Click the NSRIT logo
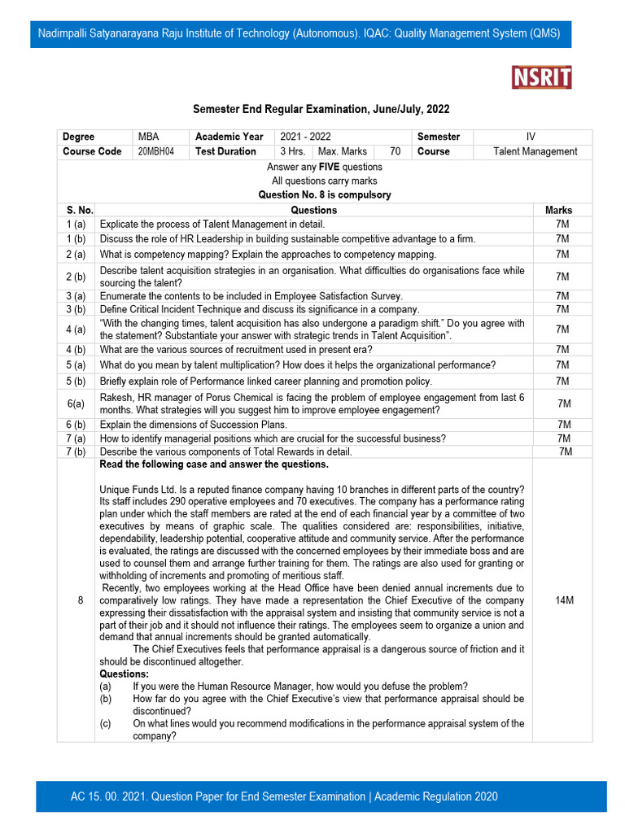point(541,77)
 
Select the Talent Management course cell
point(535,151)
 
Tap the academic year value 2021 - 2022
point(306,137)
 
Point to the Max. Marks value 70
point(395,151)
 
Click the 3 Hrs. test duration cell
point(293,151)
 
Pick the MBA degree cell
point(149,137)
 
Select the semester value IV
point(531,137)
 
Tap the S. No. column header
point(76,210)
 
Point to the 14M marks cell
point(563,600)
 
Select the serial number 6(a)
point(76,403)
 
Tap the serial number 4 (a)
point(76,329)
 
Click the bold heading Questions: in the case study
point(124,674)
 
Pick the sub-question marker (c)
point(106,723)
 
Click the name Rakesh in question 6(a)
point(117,397)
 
